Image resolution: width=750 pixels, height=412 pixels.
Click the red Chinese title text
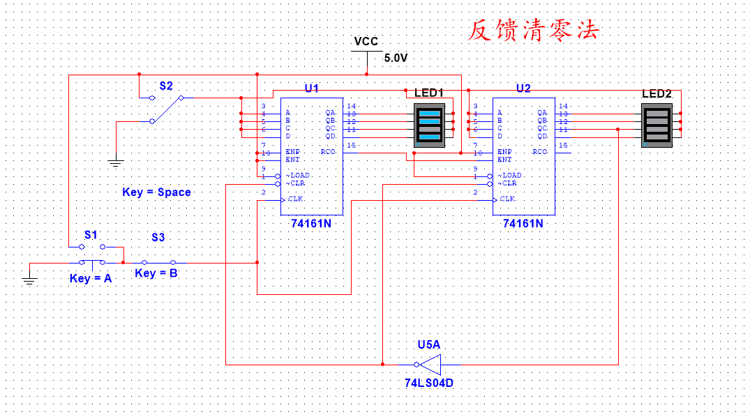[533, 30]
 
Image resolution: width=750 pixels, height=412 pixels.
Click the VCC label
[366, 42]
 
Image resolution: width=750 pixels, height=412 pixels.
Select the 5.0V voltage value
[396, 58]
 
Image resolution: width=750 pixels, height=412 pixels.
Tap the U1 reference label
[311, 89]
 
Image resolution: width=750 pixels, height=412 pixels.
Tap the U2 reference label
[523, 89]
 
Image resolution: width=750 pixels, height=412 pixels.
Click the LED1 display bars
[429, 125]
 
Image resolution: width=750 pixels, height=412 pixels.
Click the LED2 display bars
[657, 125]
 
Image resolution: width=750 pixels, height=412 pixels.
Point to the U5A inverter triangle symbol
[430, 364]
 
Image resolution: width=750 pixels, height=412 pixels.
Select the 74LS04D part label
[429, 383]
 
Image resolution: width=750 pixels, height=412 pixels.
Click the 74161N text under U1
[311, 224]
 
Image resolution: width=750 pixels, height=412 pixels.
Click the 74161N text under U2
[523, 224]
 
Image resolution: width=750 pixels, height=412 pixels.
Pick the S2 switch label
[165, 86]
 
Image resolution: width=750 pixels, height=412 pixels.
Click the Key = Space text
[156, 192]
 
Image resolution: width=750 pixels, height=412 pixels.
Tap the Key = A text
[91, 278]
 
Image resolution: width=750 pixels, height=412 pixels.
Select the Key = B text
[156, 273]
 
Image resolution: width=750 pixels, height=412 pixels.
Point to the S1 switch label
[91, 235]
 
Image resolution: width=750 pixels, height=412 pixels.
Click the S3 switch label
[158, 238]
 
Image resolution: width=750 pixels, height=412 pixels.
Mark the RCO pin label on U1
[328, 151]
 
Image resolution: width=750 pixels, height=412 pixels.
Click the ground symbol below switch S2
[116, 163]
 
